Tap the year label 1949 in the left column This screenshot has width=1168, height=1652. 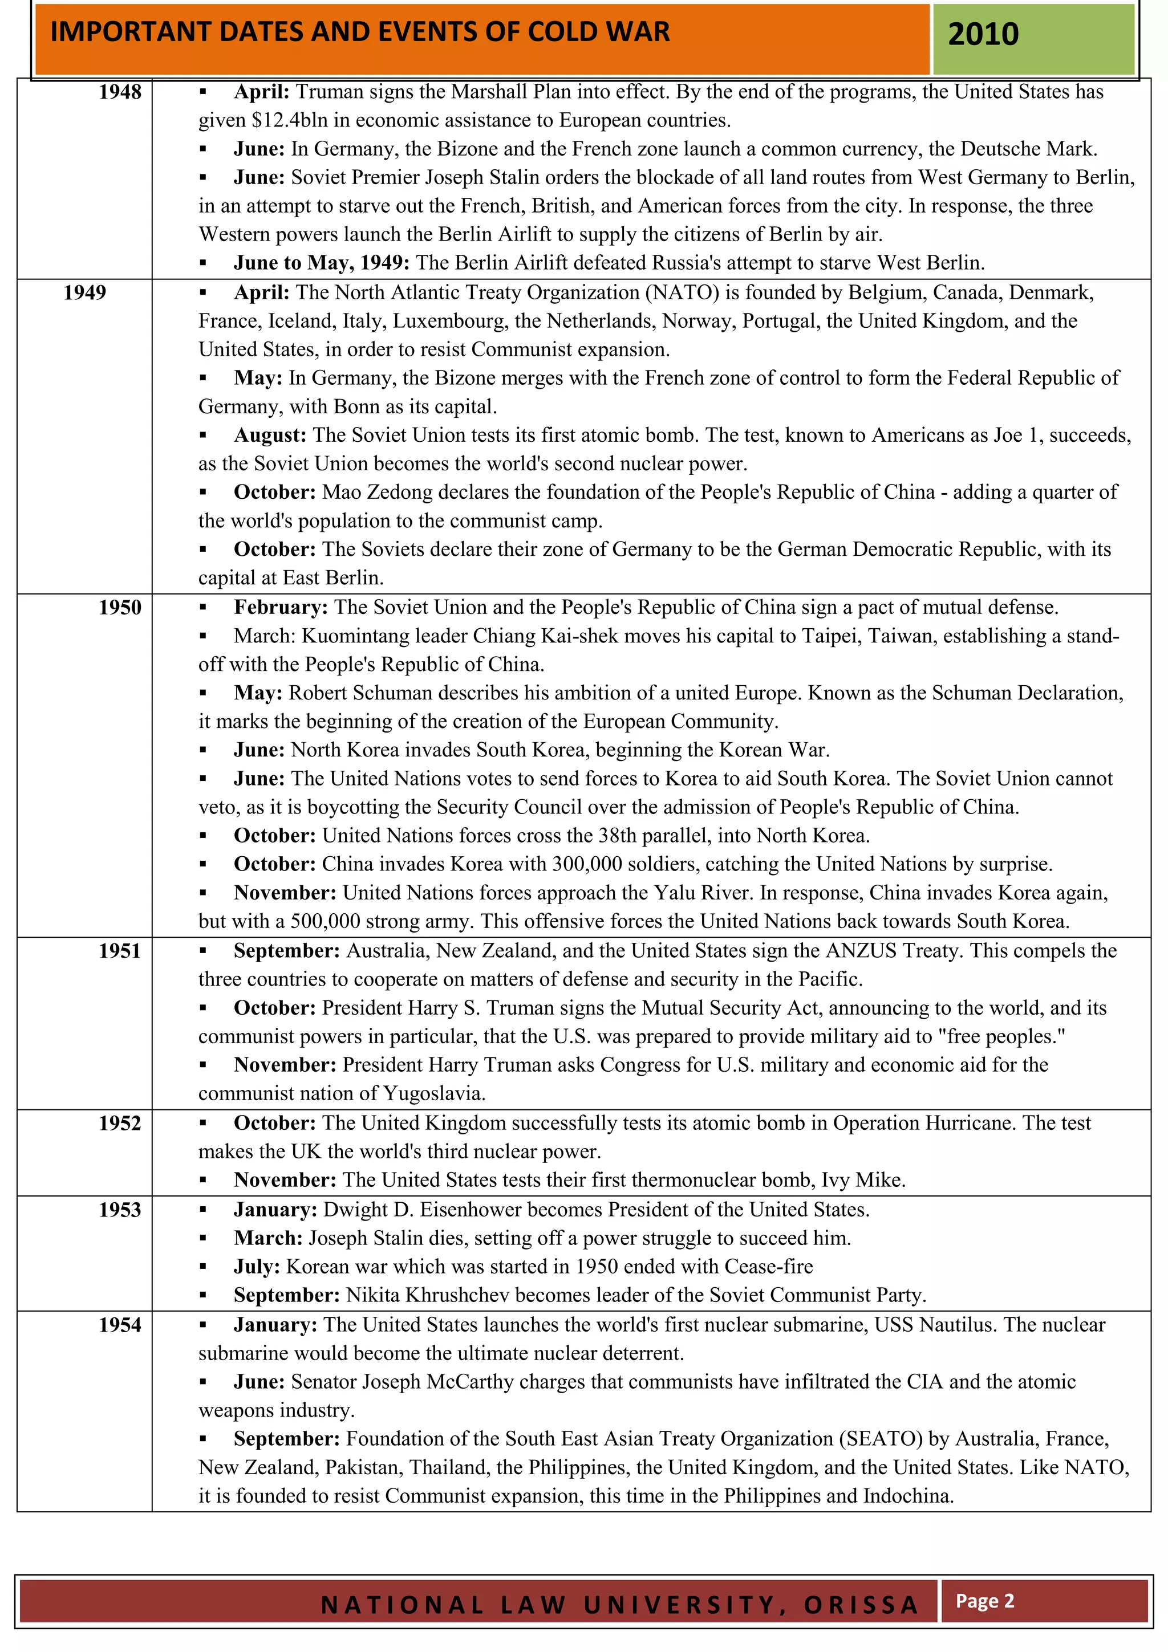(x=84, y=293)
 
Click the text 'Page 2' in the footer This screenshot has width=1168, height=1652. (x=984, y=1601)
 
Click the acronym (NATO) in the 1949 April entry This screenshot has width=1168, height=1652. (x=682, y=293)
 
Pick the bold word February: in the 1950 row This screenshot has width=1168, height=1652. (x=281, y=607)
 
